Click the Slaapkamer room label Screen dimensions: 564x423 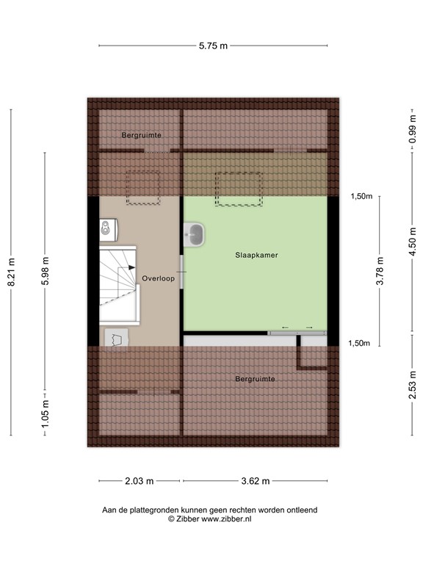(x=256, y=256)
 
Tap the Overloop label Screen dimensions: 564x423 (x=159, y=278)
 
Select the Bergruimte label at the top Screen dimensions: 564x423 (x=141, y=135)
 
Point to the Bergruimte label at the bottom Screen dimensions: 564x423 (x=255, y=379)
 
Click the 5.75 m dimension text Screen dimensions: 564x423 (x=212, y=46)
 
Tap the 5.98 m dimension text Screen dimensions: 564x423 (x=46, y=270)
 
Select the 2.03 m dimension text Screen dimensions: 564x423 (x=139, y=482)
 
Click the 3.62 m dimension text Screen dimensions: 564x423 (x=255, y=482)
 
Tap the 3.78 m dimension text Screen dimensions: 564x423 (x=380, y=268)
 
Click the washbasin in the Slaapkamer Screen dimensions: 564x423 (x=196, y=234)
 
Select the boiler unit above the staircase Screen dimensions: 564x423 (x=109, y=229)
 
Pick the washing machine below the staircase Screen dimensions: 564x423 (x=117, y=337)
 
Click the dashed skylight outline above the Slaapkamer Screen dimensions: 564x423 (x=237, y=189)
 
